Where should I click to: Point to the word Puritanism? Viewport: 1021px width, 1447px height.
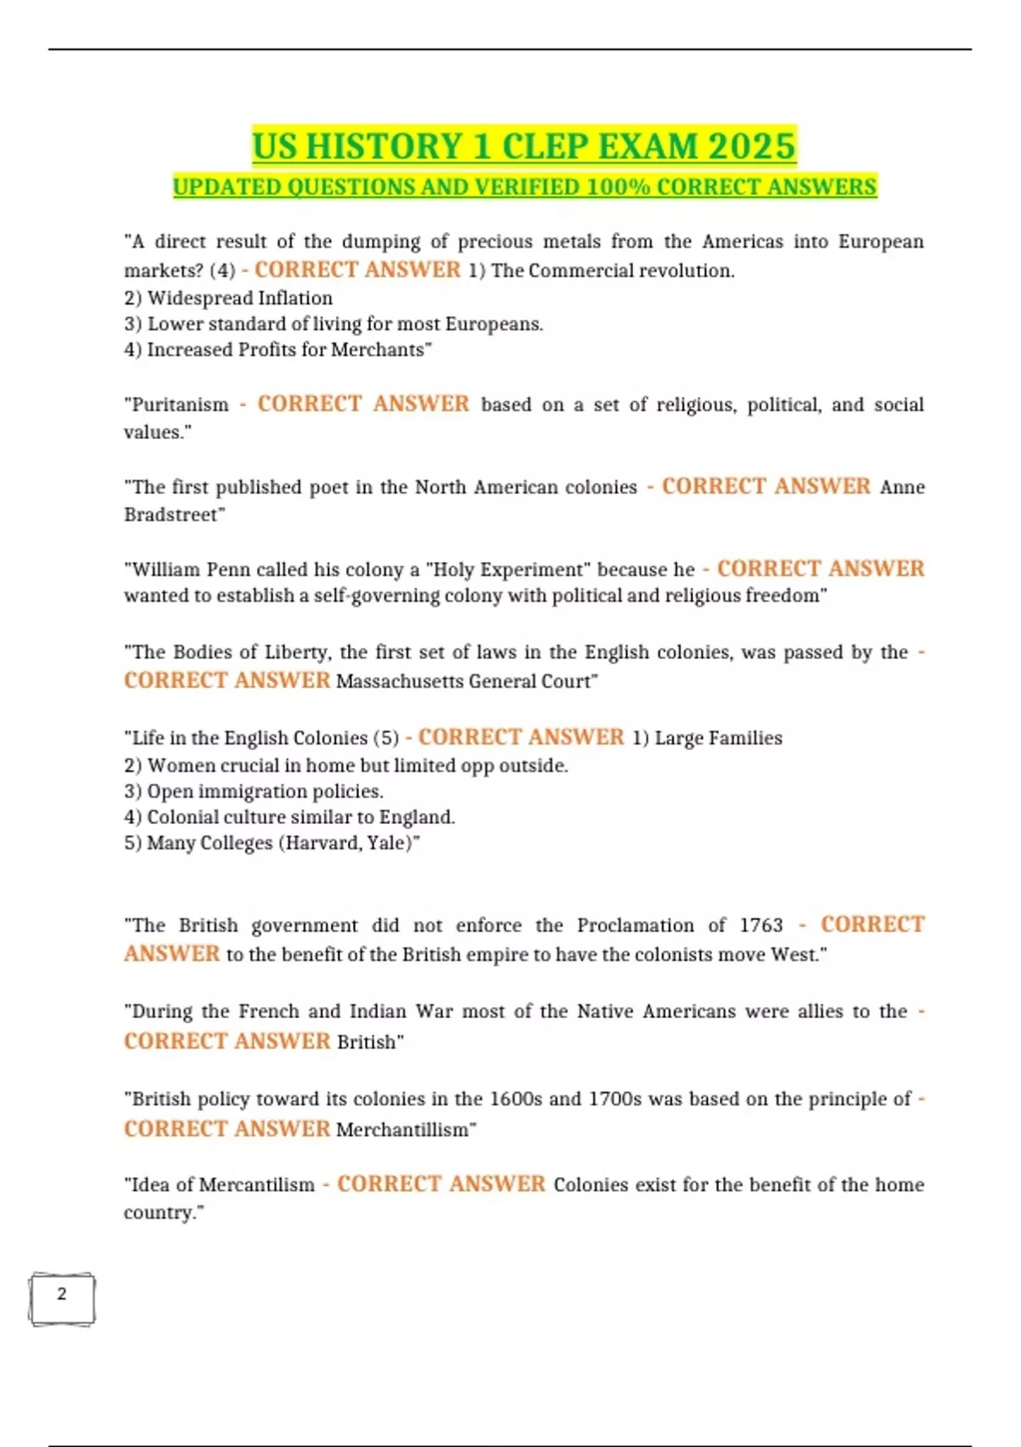point(180,404)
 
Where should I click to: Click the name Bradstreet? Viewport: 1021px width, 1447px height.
point(173,514)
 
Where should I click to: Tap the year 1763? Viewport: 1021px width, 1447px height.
point(761,925)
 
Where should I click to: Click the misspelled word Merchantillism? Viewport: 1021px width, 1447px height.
point(403,1130)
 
